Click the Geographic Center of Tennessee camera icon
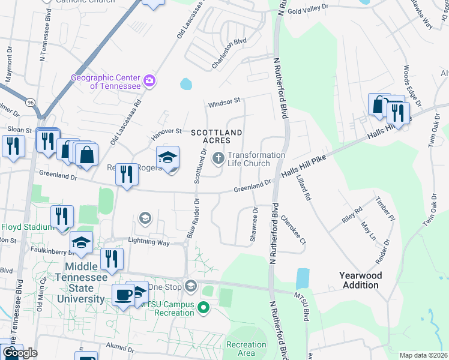149,80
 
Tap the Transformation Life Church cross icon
218,158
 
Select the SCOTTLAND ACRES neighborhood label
217,136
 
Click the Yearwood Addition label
360,280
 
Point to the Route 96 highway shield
29,103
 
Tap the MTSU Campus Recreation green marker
203,308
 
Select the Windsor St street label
224,104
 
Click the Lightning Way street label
149,241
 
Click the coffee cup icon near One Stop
124,295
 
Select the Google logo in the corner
20,353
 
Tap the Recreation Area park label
246,349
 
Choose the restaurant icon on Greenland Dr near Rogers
126,175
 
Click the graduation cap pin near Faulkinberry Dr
81,242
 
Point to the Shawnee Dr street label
254,226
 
